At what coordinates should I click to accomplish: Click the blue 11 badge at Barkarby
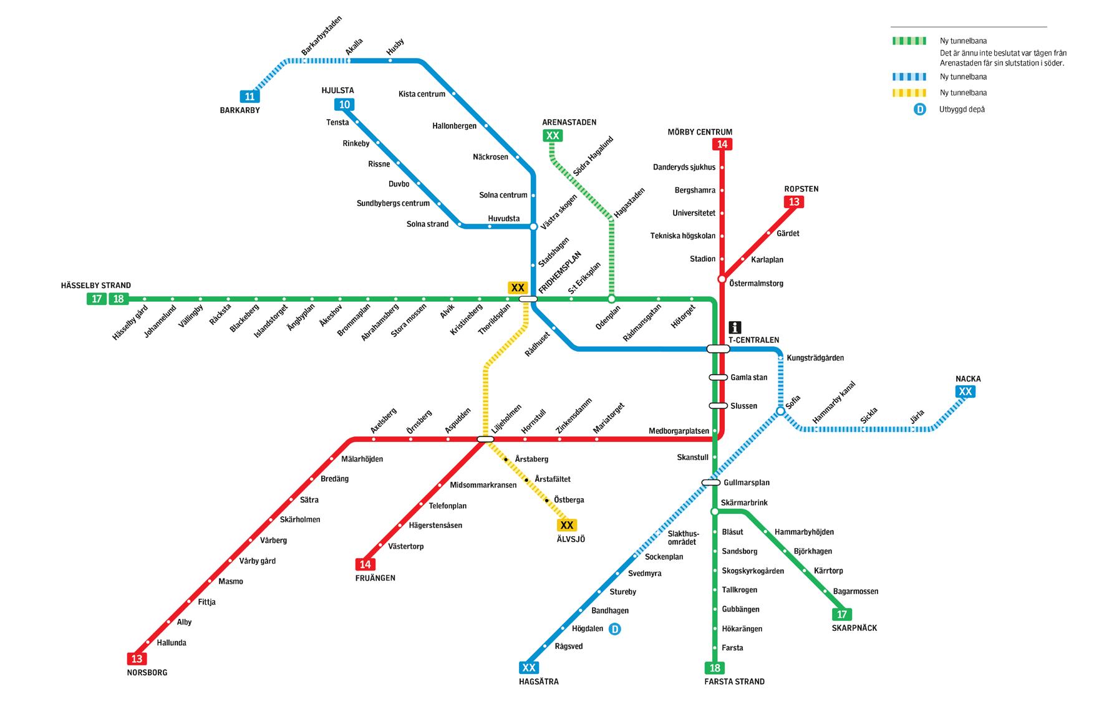tap(249, 97)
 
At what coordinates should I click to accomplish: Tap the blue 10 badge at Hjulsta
tap(344, 105)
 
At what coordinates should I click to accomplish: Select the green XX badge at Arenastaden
tap(553, 136)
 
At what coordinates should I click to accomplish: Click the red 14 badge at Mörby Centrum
tap(722, 145)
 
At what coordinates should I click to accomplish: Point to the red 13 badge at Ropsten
tap(794, 202)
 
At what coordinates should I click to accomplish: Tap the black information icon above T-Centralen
tap(735, 327)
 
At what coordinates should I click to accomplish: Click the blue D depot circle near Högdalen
tap(615, 629)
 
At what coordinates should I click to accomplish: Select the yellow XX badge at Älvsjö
tap(567, 526)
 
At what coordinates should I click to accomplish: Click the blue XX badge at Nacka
tap(965, 392)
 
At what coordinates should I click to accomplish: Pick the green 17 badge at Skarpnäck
tap(842, 615)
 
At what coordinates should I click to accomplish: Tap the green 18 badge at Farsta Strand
tap(715, 668)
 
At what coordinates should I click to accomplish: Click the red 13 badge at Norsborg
tap(137, 659)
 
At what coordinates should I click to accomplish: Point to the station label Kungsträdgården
tap(815, 358)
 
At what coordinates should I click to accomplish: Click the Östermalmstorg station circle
tap(722, 279)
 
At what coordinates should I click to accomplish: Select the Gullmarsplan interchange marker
tap(711, 483)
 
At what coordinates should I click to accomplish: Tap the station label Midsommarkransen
tap(483, 485)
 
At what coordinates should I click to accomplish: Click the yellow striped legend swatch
tap(908, 93)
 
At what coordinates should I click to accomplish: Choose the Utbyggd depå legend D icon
tap(919, 109)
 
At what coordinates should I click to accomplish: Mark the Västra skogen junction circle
tap(533, 226)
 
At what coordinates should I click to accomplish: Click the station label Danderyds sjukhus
tap(684, 167)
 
